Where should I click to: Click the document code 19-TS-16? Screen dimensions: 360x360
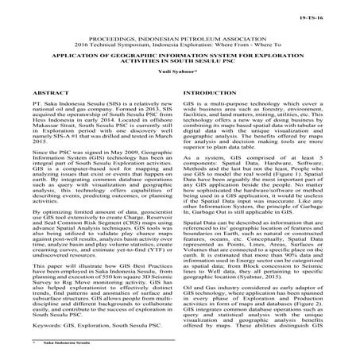[335, 15]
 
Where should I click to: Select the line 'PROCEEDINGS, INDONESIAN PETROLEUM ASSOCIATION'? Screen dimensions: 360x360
[180, 37]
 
